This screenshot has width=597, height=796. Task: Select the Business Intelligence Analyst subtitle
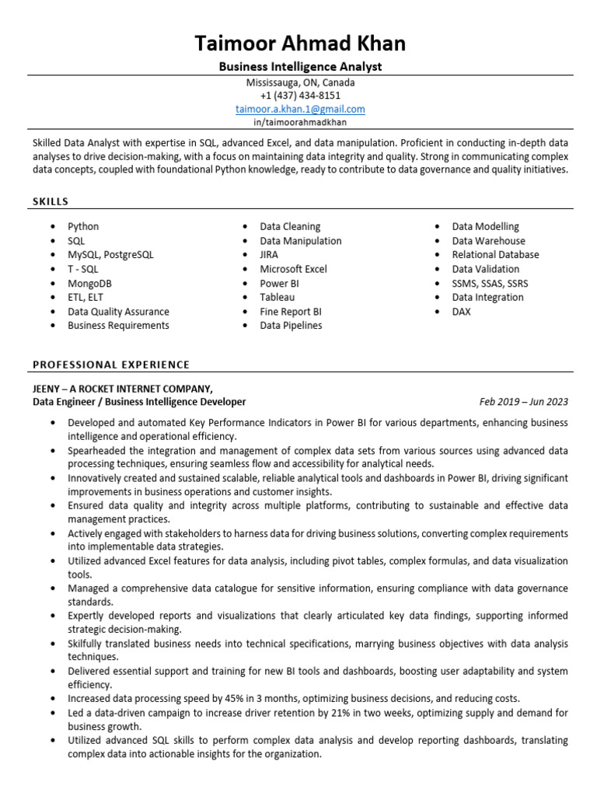300,67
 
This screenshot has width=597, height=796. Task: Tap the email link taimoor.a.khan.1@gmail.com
300,110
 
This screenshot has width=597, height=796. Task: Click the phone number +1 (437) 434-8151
300,96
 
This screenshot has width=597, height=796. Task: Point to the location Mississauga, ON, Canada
300,82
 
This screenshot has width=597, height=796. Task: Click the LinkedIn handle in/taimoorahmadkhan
300,122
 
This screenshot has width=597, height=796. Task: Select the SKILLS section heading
51,201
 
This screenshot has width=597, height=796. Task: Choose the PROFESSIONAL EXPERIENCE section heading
110,364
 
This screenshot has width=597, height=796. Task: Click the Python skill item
83,226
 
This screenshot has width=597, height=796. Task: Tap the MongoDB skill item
89,283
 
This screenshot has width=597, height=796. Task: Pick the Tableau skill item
278,297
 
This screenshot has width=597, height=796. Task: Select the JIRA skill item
269,254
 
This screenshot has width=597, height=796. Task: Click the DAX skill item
462,312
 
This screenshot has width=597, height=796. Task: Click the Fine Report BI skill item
291,312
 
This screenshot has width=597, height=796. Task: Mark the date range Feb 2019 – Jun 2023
523,402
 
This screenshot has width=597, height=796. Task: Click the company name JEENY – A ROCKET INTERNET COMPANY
122,388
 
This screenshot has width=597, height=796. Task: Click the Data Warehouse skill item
488,241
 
